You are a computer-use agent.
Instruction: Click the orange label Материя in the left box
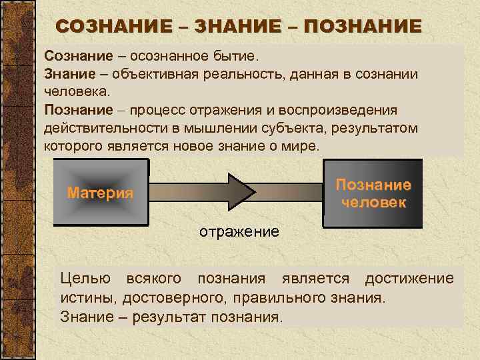100,193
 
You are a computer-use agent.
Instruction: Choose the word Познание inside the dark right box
373,185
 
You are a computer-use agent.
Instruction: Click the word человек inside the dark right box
373,202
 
